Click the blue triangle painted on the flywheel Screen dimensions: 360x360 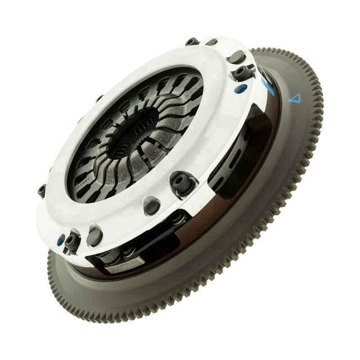(x=294, y=98)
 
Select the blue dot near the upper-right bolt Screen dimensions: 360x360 (x=240, y=88)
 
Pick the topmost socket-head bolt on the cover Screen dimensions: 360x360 (x=192, y=42)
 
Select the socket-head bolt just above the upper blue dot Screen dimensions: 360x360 (x=243, y=73)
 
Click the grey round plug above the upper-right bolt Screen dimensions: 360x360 (x=237, y=57)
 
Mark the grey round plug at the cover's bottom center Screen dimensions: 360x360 (x=152, y=206)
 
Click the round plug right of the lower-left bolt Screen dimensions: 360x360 (x=94, y=236)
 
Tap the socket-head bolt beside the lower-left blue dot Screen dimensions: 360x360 (x=72, y=242)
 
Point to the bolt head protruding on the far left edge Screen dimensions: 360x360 (x=42, y=190)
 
